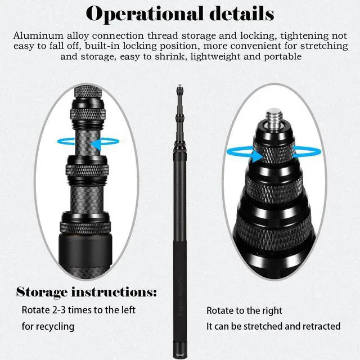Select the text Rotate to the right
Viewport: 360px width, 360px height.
[x=244, y=310]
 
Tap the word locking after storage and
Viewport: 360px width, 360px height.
[x=243, y=35]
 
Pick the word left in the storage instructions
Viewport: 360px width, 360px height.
[x=127, y=310]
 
